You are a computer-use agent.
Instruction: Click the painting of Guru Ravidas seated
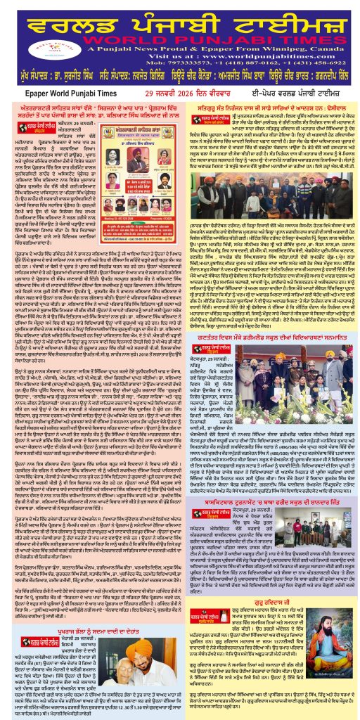coord(321,649)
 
